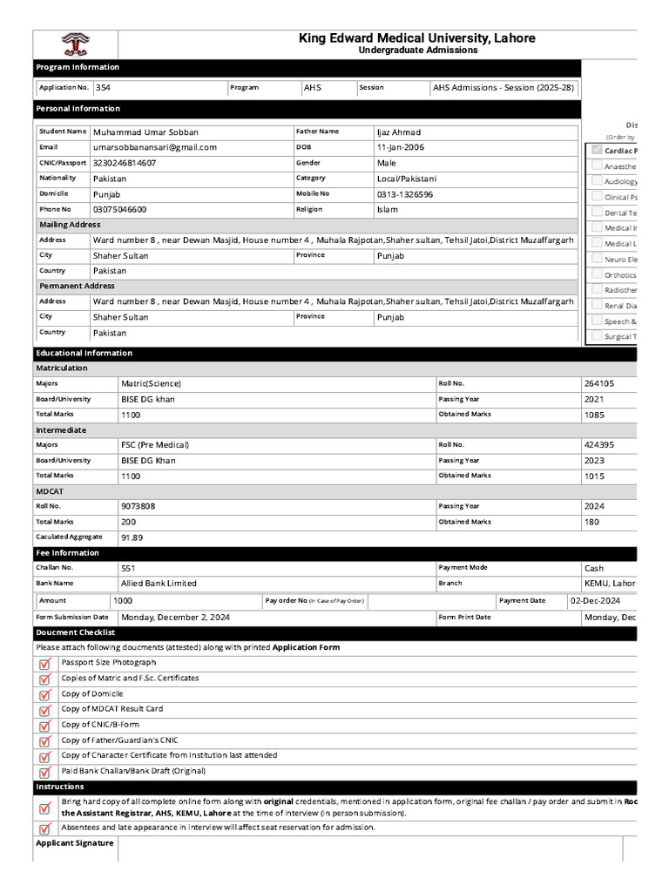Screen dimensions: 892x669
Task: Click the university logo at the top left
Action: click(x=75, y=44)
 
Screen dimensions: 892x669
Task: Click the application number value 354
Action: click(x=103, y=88)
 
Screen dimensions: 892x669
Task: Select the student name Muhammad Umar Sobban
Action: click(x=145, y=132)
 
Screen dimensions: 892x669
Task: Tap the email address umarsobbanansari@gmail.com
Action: click(x=154, y=148)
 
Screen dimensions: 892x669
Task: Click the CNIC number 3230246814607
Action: click(x=125, y=163)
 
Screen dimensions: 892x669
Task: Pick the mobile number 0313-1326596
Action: click(x=404, y=194)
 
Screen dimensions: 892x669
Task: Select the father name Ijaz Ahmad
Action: click(x=398, y=132)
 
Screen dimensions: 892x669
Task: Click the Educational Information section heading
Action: click(x=84, y=353)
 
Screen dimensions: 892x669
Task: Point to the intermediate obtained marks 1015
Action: click(x=594, y=476)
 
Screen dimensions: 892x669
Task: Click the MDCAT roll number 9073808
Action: click(x=139, y=506)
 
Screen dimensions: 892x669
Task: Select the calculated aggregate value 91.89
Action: click(x=132, y=537)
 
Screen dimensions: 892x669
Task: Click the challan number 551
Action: click(x=128, y=568)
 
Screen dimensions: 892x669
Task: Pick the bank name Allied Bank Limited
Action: click(x=159, y=584)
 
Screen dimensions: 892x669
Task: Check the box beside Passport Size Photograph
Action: click(x=44, y=664)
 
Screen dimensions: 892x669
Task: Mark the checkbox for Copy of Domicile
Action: click(x=44, y=695)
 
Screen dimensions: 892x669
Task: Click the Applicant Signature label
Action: click(x=74, y=843)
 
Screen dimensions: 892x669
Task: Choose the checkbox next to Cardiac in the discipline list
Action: click(x=596, y=151)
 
